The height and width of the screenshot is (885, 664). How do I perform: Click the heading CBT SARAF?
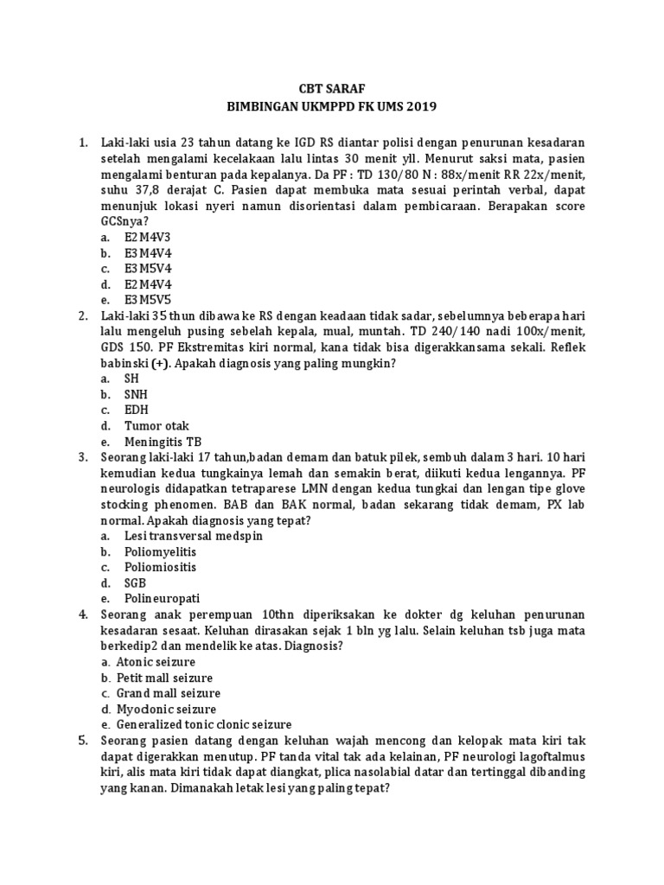coord(331,87)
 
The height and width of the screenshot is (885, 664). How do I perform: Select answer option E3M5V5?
coord(148,299)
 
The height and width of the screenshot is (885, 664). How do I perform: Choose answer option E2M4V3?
coord(148,236)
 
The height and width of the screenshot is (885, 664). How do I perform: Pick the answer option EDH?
coord(137,410)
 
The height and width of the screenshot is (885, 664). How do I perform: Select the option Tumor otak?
coord(156,425)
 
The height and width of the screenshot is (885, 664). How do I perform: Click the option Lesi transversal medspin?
coord(193,536)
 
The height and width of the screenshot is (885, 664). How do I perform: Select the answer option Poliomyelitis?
coord(160,551)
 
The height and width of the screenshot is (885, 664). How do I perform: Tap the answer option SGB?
coord(136,583)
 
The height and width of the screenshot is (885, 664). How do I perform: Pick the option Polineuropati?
coord(160,598)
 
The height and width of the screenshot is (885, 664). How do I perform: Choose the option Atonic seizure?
coord(161,661)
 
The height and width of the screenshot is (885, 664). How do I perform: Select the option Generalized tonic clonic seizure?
coord(204,724)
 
